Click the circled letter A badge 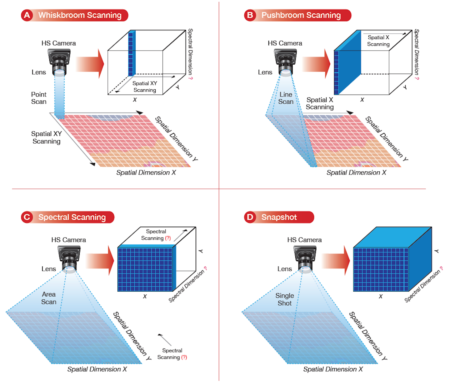(x=27, y=15)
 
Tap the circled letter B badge (x=250, y=15)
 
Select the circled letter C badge (x=27, y=217)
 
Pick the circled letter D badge (x=250, y=217)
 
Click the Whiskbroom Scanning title (x=80, y=15)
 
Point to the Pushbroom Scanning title (x=301, y=15)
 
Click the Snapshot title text (x=279, y=217)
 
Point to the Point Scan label (x=39, y=98)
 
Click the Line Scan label (x=286, y=98)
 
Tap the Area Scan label (x=49, y=298)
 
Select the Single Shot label (x=284, y=299)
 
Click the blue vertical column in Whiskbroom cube (x=132, y=53)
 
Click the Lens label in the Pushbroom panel (x=265, y=72)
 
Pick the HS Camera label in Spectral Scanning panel (x=68, y=240)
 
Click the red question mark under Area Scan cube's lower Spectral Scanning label (x=184, y=357)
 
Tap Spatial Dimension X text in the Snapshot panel (x=333, y=369)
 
